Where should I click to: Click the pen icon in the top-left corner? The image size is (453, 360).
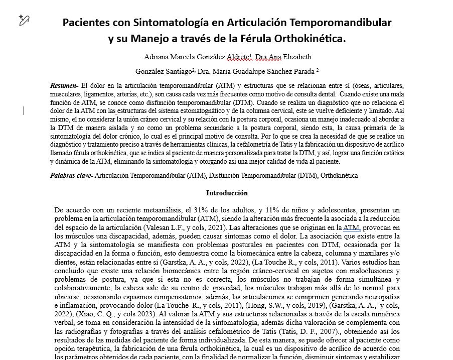coord(24,20)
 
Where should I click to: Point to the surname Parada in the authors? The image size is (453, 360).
coord(300,71)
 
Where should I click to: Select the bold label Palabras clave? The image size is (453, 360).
coord(71,176)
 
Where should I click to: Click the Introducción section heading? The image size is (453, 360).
coord(227,193)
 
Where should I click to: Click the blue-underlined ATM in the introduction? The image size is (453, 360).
coord(352,227)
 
